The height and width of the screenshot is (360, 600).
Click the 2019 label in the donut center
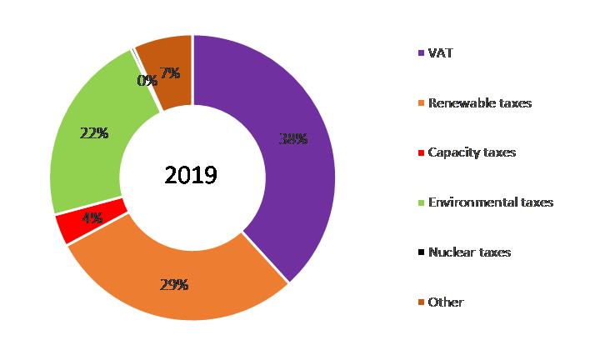[x=191, y=176]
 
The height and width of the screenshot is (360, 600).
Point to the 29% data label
[x=173, y=284]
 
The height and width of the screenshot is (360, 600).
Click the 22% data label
[x=94, y=133]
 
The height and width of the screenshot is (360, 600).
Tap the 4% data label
[x=92, y=218]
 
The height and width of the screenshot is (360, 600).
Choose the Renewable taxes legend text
[x=479, y=103]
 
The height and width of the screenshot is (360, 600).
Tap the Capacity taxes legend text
[x=471, y=152]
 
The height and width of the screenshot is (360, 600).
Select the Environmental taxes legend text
[x=490, y=202]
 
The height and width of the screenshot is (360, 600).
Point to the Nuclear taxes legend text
[x=469, y=252]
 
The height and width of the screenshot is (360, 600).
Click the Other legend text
[x=445, y=302]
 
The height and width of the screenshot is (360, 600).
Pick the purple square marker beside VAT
[x=421, y=53]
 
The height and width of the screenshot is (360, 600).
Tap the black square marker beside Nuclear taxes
[x=421, y=252]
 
